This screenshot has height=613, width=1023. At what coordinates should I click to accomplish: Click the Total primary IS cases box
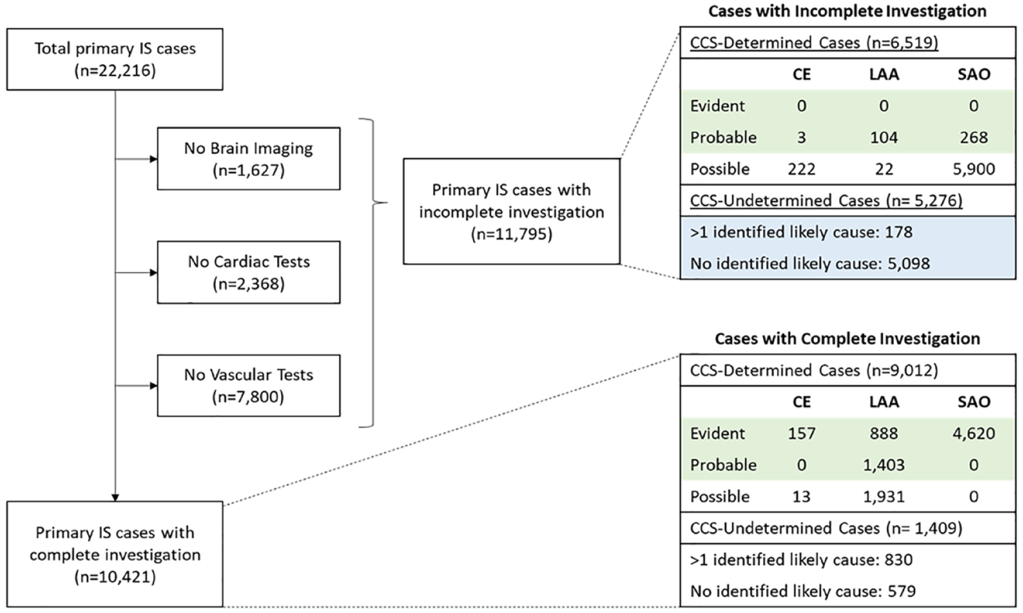[x=114, y=59]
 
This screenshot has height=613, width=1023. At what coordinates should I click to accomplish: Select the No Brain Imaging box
[x=249, y=159]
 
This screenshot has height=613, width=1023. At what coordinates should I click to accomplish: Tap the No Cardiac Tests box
[x=249, y=272]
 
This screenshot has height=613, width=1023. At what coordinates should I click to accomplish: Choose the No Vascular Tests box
[x=249, y=386]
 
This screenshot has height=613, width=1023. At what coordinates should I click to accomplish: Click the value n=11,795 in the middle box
[x=512, y=234]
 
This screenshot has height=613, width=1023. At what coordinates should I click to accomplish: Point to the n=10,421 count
[x=115, y=577]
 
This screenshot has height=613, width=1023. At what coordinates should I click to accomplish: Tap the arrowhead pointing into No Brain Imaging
[x=153, y=159]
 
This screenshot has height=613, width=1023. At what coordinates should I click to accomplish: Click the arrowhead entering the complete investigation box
[x=115, y=497]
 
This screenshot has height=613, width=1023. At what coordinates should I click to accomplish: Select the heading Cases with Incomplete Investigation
[x=847, y=11]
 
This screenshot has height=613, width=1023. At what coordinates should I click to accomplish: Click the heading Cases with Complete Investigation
[x=847, y=339]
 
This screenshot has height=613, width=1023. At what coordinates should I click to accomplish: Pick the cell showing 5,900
[x=974, y=169]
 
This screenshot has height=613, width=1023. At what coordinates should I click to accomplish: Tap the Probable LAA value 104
[x=883, y=138]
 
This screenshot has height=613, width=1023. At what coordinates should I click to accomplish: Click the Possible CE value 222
[x=801, y=169]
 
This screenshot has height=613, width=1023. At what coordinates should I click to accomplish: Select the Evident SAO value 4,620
[x=974, y=433]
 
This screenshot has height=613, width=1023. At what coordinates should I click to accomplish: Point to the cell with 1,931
[x=883, y=496]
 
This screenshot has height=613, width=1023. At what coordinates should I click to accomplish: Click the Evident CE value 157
[x=801, y=433]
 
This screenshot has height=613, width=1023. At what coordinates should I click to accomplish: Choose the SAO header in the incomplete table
[x=974, y=74]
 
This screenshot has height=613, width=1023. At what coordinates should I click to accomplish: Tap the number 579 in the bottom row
[x=901, y=591]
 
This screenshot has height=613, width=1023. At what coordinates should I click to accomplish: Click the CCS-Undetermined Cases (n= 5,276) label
[x=826, y=201]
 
